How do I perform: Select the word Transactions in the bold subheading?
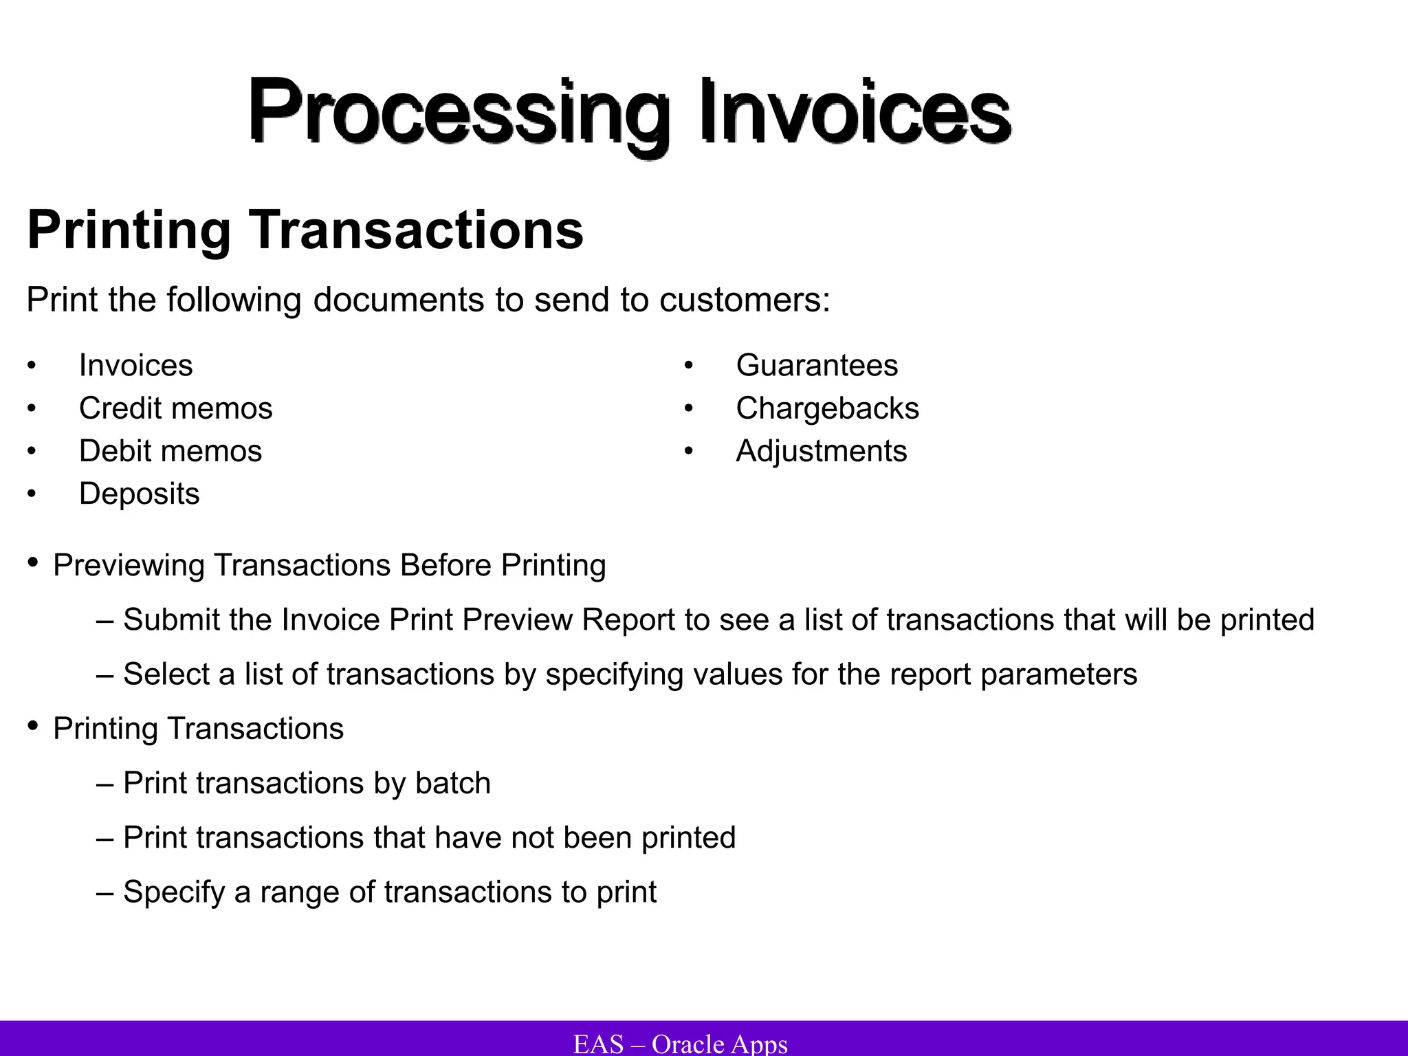coord(416,230)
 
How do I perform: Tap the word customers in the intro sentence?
coord(744,300)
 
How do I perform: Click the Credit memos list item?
coord(175,408)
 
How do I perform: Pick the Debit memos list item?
coord(170,451)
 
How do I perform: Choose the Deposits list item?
coord(139,494)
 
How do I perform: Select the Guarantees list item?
coord(816,365)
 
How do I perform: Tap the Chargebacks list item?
coord(827,408)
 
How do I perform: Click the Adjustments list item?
coord(821,451)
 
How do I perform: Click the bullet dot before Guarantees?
coord(688,366)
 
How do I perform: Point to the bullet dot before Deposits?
coord(31,494)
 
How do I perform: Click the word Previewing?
coord(129,566)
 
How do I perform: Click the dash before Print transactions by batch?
coord(104,784)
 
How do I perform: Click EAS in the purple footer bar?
coord(598,1044)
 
